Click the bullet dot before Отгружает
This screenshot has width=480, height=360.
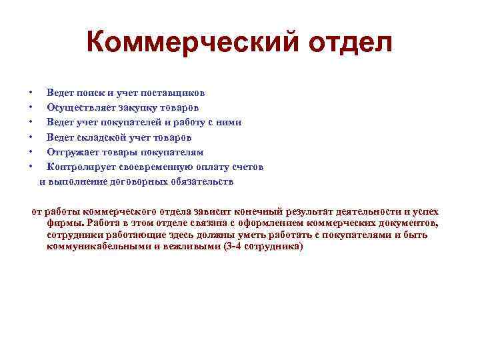coord(30,152)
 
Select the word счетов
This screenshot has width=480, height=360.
coord(247,167)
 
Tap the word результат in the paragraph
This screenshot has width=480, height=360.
coord(319,211)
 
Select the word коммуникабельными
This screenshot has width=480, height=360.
coord(95,247)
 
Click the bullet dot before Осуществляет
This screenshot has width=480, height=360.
coord(30,107)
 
